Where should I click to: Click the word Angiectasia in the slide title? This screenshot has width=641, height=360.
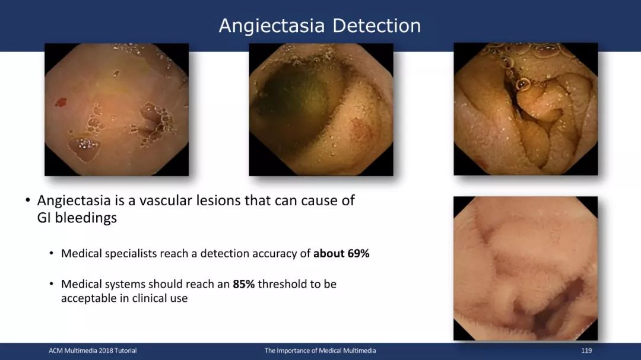pyautogui.click(x=271, y=26)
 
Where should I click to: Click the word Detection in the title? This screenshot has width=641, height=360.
pyautogui.click(x=376, y=26)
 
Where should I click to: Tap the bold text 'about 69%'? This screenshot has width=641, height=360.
pyautogui.click(x=341, y=254)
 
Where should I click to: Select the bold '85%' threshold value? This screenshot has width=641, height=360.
pyautogui.click(x=244, y=284)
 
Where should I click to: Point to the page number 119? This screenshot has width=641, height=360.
pyautogui.click(x=586, y=351)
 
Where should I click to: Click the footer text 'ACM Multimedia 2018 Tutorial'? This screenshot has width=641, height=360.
pyautogui.click(x=93, y=351)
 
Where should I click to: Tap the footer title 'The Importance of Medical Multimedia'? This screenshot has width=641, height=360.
pyautogui.click(x=320, y=351)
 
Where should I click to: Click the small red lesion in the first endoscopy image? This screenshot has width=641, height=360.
pyautogui.click(x=61, y=102)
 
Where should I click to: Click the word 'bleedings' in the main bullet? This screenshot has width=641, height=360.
pyautogui.click(x=86, y=218)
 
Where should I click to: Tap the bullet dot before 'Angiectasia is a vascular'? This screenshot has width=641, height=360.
pyautogui.click(x=28, y=200)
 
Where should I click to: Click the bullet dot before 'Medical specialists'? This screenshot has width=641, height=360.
pyautogui.click(x=52, y=253)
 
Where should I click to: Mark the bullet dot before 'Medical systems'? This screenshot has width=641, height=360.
pyautogui.click(x=52, y=283)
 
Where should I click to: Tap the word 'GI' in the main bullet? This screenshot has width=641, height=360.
pyautogui.click(x=44, y=218)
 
